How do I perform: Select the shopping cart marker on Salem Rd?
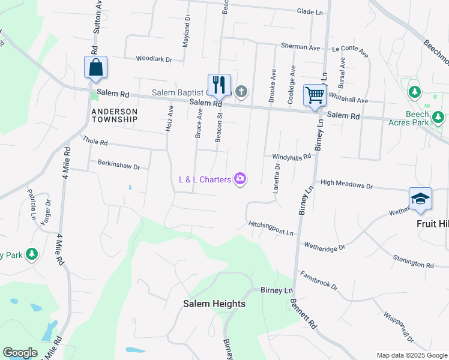point(314,95)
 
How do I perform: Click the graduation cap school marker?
point(420,199)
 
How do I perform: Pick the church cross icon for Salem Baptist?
point(241,92)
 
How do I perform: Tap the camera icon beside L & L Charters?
point(241,179)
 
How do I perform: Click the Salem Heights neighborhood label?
point(214,304)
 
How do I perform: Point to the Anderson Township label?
point(115,115)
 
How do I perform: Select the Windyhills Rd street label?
point(292,156)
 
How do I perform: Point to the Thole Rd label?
point(95,142)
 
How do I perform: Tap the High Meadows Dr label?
point(346,184)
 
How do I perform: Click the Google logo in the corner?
point(20,353)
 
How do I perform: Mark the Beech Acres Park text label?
point(417,118)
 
